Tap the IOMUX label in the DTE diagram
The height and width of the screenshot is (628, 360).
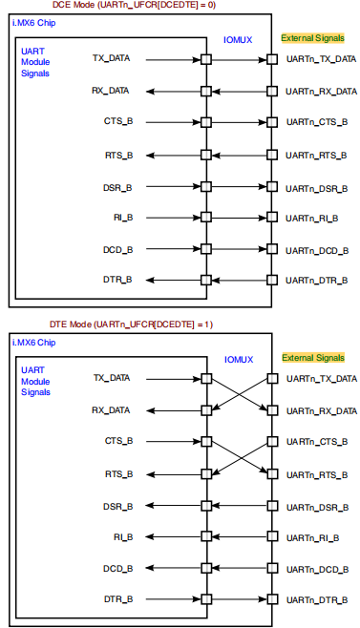point(238,361)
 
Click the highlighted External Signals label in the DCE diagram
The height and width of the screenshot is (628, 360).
point(313,38)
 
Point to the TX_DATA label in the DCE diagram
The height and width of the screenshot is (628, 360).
point(112,59)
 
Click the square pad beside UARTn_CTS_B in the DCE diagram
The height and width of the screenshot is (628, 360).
point(272,122)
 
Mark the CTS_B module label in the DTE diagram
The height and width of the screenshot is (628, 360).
point(118,441)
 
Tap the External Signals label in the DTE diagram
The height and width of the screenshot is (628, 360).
point(313,358)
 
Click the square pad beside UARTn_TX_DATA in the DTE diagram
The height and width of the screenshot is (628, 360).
point(272,379)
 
